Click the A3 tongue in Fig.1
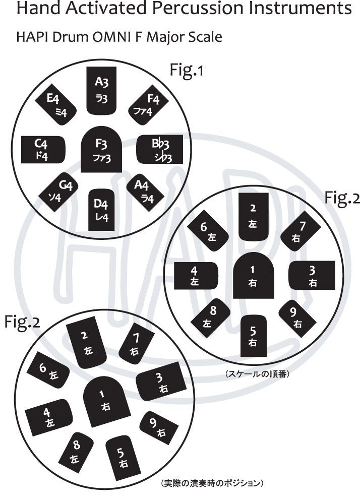click(101, 90)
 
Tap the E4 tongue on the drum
click(56, 105)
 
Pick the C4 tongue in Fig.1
click(43, 150)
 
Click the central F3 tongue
click(101, 151)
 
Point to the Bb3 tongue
click(159, 150)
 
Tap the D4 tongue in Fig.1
click(101, 210)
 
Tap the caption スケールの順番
click(256, 374)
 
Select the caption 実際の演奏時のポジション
click(212, 483)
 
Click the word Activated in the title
click(106, 9)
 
